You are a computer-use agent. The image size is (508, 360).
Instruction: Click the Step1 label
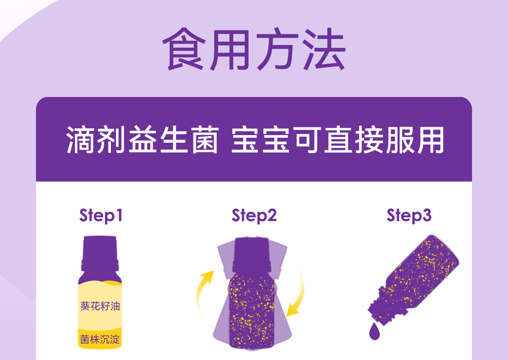click(x=101, y=216)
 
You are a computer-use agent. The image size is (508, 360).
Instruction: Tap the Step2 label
click(x=254, y=216)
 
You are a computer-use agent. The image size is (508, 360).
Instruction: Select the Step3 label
click(x=409, y=216)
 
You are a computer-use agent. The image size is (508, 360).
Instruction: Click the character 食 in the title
click(x=184, y=49)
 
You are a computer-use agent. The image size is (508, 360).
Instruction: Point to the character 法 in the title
click(x=324, y=49)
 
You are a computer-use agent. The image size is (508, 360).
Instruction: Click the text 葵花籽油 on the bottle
click(x=100, y=306)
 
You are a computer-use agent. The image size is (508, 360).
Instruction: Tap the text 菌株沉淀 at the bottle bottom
click(x=100, y=340)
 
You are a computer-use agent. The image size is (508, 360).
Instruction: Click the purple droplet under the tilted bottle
click(x=374, y=331)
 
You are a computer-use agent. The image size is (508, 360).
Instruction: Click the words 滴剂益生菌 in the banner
click(x=142, y=139)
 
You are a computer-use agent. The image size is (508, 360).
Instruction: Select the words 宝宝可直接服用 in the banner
click(x=337, y=139)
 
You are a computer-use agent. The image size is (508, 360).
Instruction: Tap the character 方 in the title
click(x=277, y=49)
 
